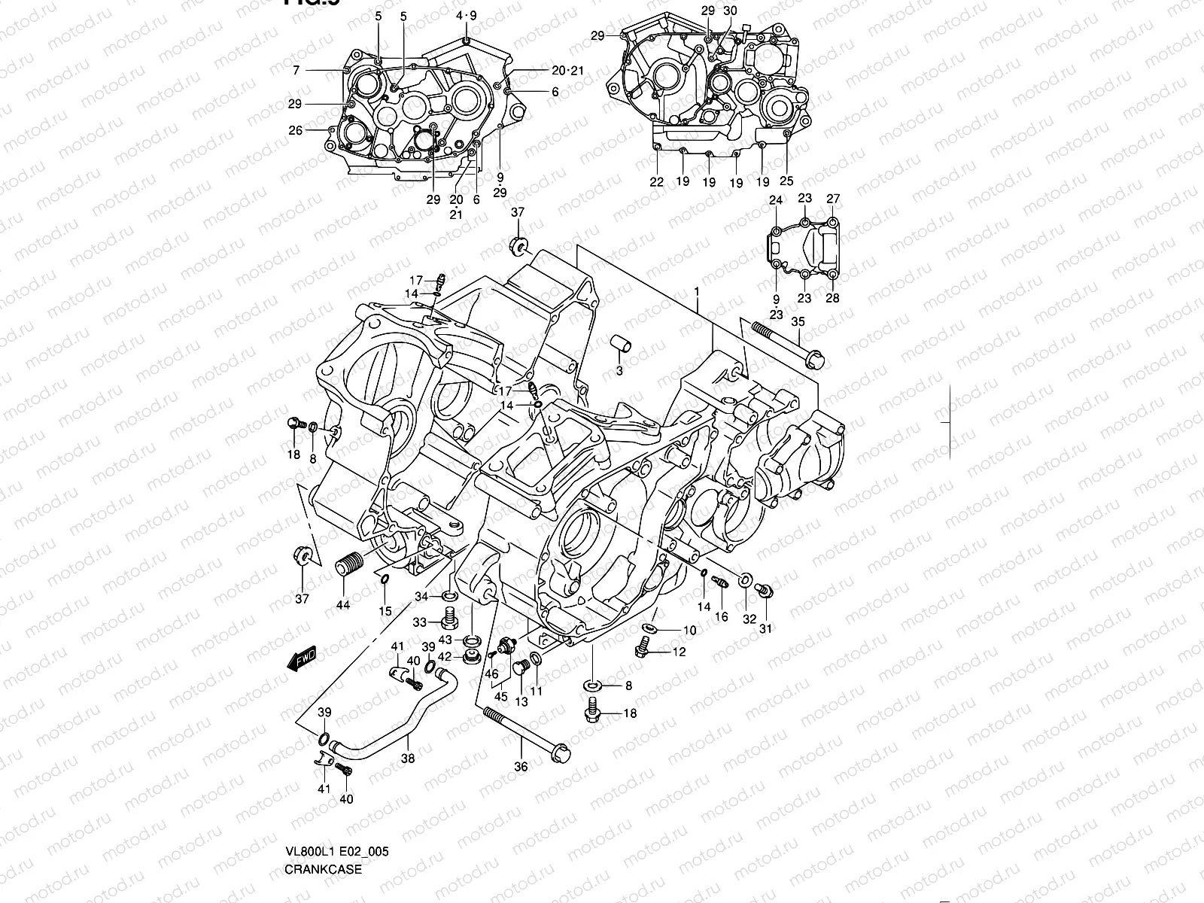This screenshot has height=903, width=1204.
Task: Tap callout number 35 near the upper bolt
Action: (x=798, y=321)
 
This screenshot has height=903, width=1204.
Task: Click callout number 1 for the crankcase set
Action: (x=697, y=290)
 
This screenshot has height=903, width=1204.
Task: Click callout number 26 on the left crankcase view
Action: (x=295, y=130)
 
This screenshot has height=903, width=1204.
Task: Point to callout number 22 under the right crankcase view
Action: (x=657, y=181)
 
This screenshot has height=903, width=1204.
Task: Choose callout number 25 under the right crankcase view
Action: (x=786, y=181)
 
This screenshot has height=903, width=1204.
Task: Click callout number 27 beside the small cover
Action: (x=833, y=199)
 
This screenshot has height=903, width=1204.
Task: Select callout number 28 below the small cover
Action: (x=832, y=297)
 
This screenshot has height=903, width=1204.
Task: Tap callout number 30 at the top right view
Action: (x=730, y=11)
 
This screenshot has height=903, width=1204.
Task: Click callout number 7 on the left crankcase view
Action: (x=296, y=70)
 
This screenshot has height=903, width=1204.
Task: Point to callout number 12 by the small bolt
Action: (x=679, y=652)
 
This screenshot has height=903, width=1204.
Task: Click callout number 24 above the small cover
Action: (x=775, y=199)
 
